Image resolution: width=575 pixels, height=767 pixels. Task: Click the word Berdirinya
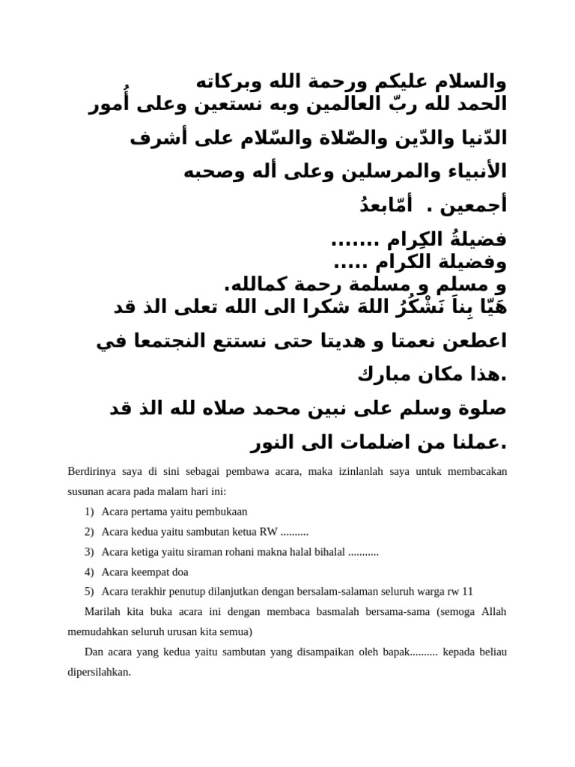pos(92,472)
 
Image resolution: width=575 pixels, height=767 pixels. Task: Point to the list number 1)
pos(89,512)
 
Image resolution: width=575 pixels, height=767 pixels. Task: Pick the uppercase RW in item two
pos(267,532)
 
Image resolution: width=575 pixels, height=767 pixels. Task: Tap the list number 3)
pos(89,552)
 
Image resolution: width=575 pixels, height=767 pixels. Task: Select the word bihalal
pos(329,552)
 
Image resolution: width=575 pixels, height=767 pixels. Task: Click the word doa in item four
pos(180,572)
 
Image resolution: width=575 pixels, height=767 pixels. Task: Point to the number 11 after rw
pos(468,591)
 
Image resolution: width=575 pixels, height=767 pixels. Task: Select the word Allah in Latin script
pos(492,611)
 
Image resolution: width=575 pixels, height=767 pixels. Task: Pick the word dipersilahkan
pos(99,671)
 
